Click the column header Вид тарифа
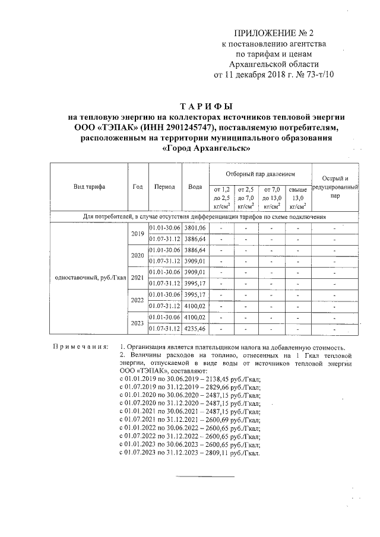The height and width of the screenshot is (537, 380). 89,186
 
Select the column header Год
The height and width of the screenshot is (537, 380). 137,186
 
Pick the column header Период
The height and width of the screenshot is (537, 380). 164,186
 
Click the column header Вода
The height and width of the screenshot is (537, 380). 195,186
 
